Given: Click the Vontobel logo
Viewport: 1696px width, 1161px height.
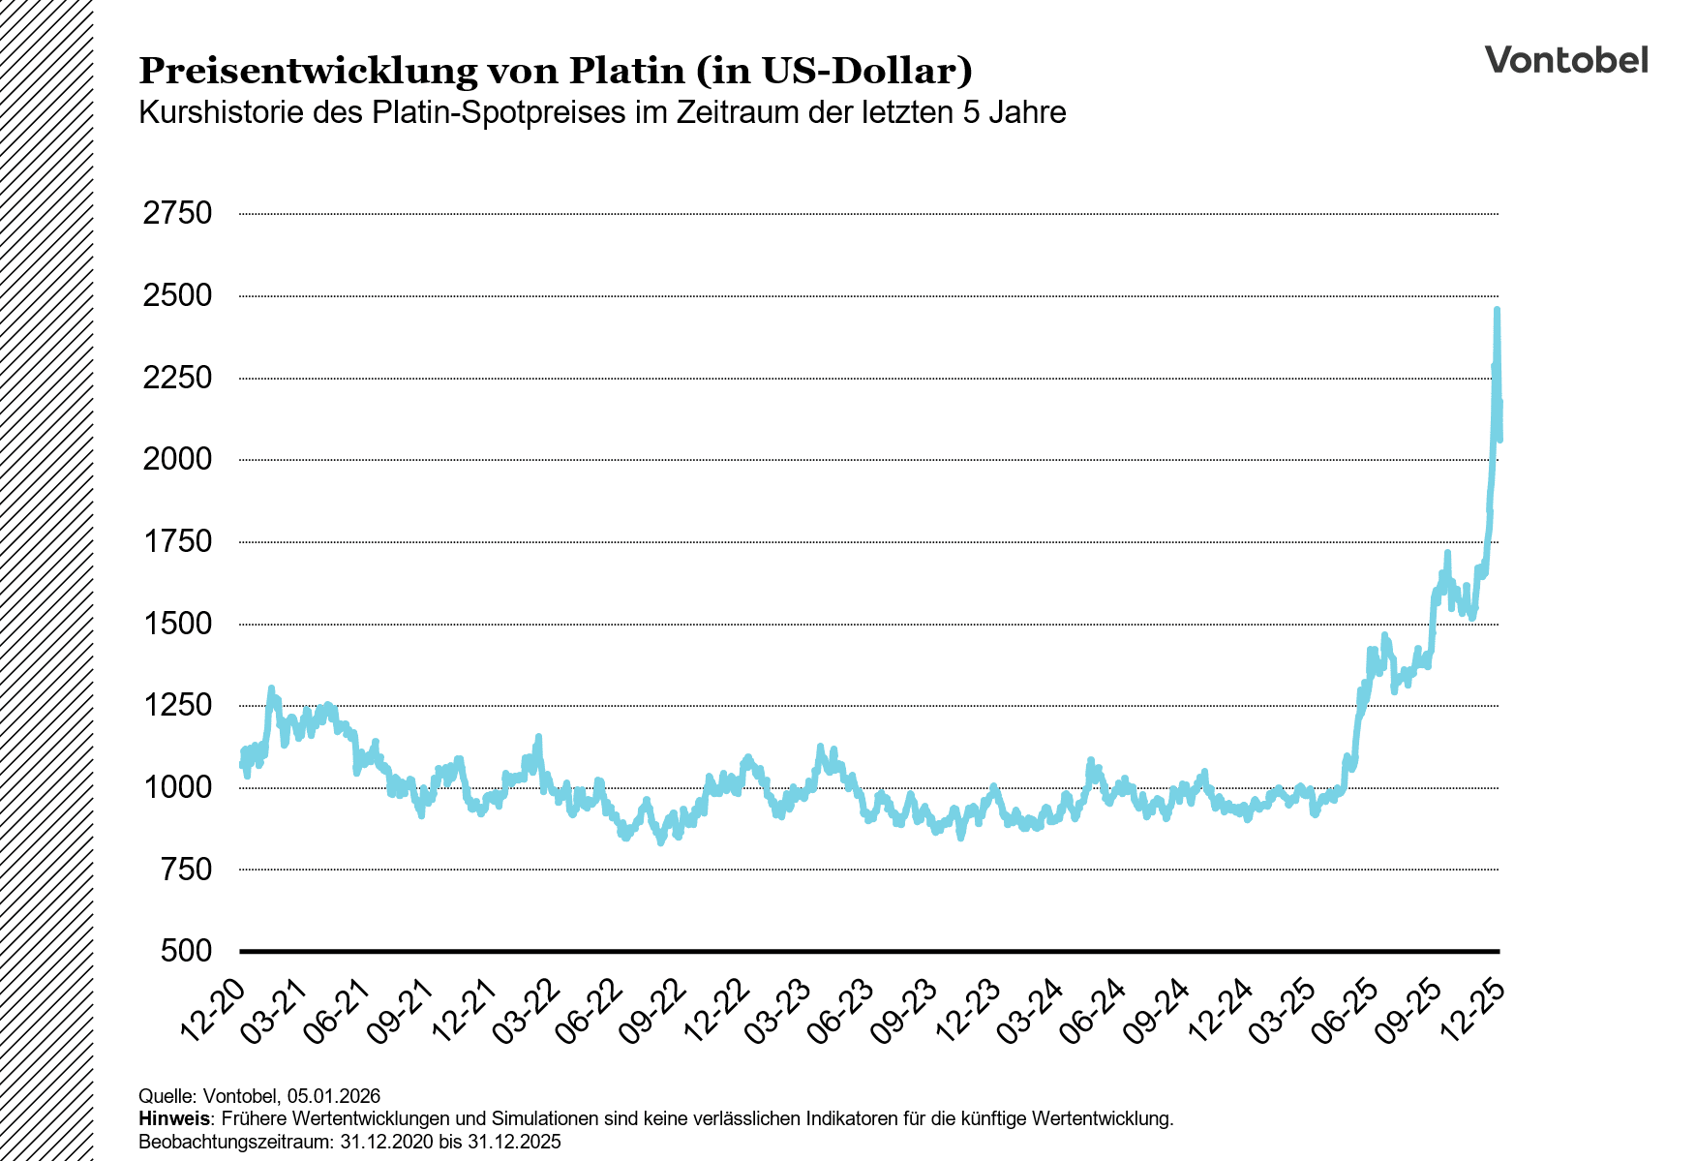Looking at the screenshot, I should tap(1565, 60).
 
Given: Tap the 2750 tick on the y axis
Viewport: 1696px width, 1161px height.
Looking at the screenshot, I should tap(177, 214).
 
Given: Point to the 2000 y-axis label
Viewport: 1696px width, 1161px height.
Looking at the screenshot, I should tap(177, 459).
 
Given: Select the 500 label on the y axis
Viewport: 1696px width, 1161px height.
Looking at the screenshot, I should tap(186, 951).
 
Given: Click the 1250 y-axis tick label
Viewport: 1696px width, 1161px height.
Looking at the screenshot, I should tap(177, 705).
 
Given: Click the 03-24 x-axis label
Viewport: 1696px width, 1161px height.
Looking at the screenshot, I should tap(1032, 1010).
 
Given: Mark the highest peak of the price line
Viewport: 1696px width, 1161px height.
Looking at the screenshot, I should tap(1497, 310).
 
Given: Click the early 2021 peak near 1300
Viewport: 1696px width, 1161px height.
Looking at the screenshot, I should tap(271, 688).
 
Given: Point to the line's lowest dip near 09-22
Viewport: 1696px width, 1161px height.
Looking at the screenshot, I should tap(661, 841).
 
